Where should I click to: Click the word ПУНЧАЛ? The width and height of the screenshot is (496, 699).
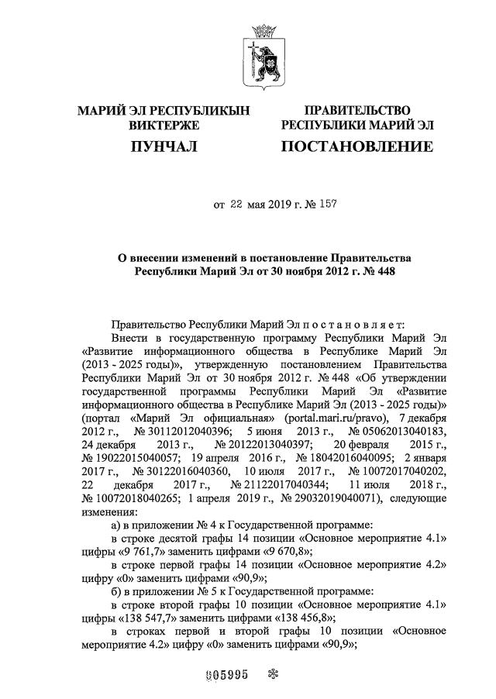pyautogui.click(x=164, y=145)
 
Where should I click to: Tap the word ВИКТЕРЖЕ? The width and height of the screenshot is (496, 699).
pyautogui.click(x=164, y=125)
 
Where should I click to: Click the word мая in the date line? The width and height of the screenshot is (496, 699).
pyautogui.click(x=257, y=205)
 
